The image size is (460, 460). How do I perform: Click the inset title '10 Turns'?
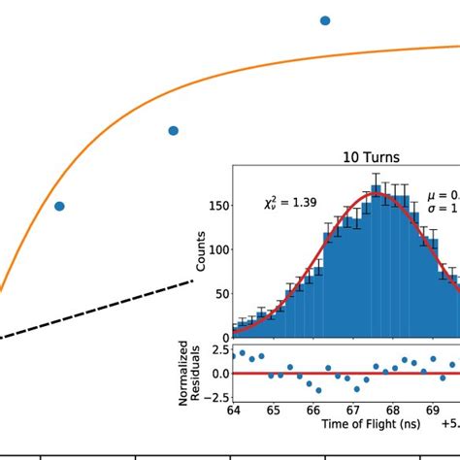pyautogui.click(x=372, y=157)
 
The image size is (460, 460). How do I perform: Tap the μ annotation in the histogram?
pyautogui.click(x=443, y=195)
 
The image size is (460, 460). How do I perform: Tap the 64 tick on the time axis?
pyautogui.click(x=233, y=411)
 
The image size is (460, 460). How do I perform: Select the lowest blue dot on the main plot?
pyautogui.click(x=59, y=206)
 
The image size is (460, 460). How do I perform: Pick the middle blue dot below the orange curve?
pyautogui.click(x=173, y=130)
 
